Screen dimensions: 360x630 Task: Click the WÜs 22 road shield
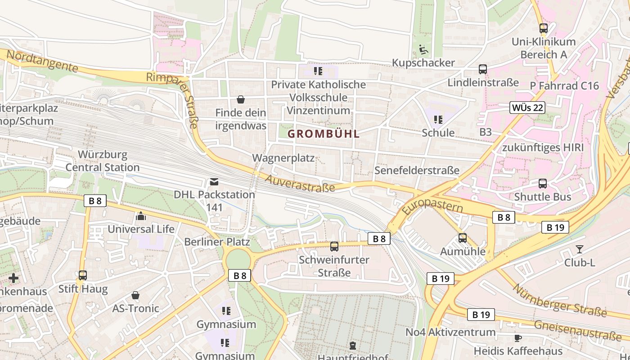click(x=527, y=108)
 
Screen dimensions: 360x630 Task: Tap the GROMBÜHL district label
click(x=324, y=134)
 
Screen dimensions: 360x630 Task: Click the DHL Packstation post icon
click(x=214, y=182)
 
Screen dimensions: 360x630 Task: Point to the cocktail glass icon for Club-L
click(x=579, y=249)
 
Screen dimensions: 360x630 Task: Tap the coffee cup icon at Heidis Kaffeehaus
click(x=518, y=337)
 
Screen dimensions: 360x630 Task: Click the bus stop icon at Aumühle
click(x=462, y=238)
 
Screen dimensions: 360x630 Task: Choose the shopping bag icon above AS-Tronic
click(x=135, y=295)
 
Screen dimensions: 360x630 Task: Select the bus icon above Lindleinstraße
click(x=483, y=69)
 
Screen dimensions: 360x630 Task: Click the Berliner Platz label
click(x=217, y=242)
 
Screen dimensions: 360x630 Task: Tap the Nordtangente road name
click(x=42, y=62)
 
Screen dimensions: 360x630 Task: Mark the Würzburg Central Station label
click(x=103, y=161)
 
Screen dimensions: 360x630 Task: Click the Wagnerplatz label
click(x=283, y=158)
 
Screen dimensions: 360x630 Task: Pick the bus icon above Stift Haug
click(x=83, y=275)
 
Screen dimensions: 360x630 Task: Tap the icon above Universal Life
click(x=141, y=216)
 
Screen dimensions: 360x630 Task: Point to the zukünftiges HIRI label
click(x=543, y=148)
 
